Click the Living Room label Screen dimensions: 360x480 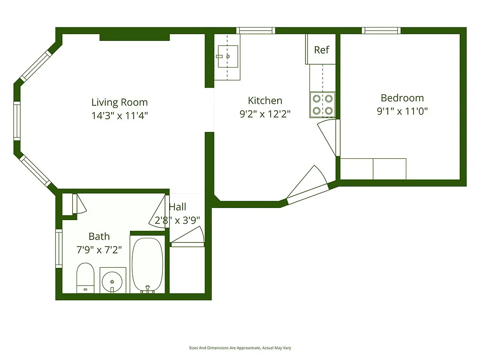119,103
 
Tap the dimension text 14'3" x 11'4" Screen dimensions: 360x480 119,116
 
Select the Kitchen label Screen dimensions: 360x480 265,100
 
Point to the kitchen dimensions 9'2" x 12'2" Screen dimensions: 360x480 265,114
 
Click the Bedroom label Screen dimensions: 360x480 402,98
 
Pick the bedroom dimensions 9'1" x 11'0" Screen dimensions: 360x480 402,111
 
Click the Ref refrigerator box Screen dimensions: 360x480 321,49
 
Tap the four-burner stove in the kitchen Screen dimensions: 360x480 323,104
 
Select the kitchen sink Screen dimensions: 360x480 228,57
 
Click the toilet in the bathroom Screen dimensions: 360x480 85,278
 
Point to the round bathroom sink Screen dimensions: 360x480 112,282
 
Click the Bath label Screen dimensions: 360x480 99,236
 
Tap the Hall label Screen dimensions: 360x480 177,207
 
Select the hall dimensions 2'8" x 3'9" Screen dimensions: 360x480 177,220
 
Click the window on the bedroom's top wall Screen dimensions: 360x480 381,31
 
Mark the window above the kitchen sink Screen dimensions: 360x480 256,31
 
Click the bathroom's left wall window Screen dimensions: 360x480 58,248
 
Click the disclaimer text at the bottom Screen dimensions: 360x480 240,348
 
